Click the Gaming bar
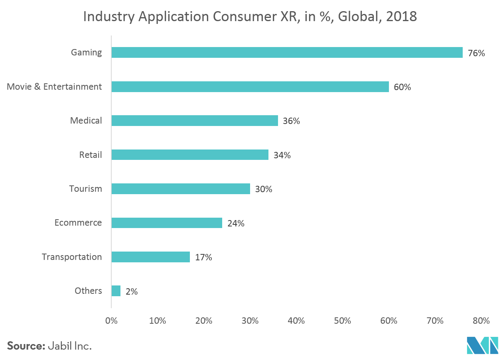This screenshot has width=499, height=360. (x=287, y=53)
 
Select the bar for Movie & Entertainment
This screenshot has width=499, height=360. (x=250, y=87)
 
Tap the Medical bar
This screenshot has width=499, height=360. (x=195, y=120)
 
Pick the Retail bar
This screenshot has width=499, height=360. (x=190, y=155)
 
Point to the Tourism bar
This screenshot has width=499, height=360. (x=181, y=189)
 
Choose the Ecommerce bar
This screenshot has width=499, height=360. (x=167, y=223)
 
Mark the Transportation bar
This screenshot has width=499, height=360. (x=151, y=257)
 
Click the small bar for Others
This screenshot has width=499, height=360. (x=116, y=291)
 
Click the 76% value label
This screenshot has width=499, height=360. (x=476, y=53)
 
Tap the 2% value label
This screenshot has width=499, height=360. (x=132, y=291)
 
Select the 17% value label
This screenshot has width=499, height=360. (x=203, y=258)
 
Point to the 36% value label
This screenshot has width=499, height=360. (x=291, y=121)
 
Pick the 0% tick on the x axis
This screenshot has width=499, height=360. (x=111, y=321)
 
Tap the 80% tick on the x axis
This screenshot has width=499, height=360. (x=481, y=321)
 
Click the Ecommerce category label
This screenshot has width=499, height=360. (x=78, y=223)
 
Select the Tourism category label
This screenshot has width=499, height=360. (x=85, y=189)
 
